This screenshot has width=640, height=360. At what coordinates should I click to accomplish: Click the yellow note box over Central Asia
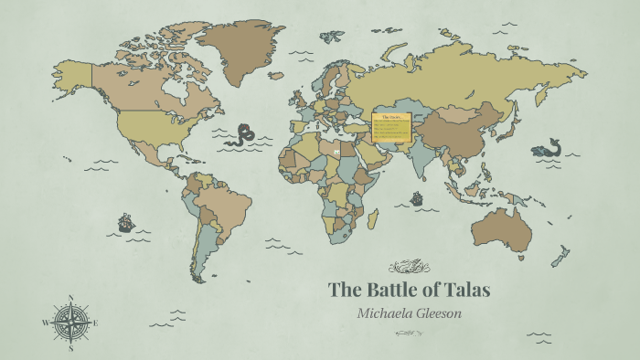pyautogui.click(x=392, y=126)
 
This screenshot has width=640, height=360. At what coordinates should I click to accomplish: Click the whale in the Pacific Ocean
pyautogui.click(x=547, y=147)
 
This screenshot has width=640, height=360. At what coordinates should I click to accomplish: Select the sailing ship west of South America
pyautogui.click(x=125, y=222)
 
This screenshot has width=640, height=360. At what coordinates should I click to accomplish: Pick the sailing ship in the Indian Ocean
pyautogui.click(x=418, y=197)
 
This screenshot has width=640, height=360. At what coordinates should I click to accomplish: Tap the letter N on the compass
pyautogui.click(x=71, y=297)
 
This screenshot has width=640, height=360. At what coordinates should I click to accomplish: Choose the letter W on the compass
pyautogui.click(x=45, y=323)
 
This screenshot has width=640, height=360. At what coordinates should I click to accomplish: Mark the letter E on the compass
pyautogui.click(x=96, y=323)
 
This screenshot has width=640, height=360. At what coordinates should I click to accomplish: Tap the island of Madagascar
pyautogui.click(x=373, y=218)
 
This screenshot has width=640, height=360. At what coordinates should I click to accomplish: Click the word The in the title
pyautogui.click(x=345, y=291)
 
